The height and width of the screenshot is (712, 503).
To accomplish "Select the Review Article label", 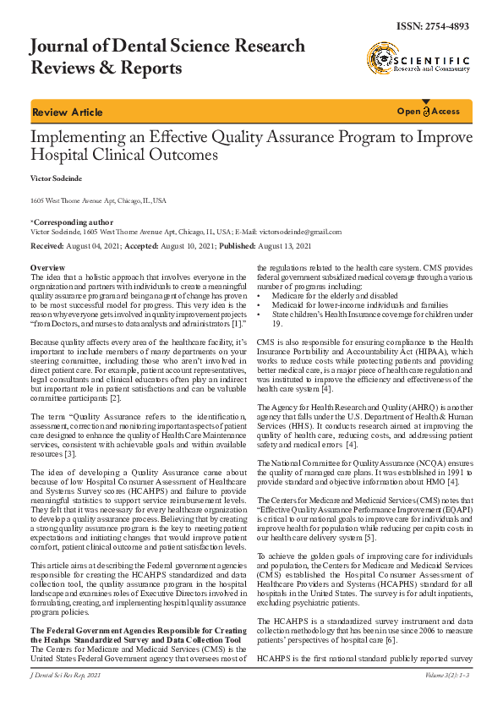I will (67, 112).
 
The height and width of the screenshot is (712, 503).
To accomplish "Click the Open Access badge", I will (429, 112).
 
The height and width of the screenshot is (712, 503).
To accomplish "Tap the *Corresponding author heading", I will (66, 222).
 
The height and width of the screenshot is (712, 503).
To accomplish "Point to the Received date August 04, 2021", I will (94, 245).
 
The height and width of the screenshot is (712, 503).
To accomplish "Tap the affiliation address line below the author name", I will (98, 201).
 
